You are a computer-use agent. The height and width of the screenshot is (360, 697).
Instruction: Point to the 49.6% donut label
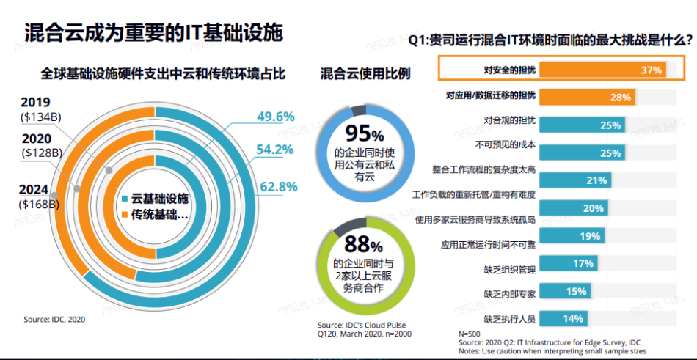coord(276,117)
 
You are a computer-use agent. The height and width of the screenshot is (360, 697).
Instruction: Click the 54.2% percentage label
coord(276,150)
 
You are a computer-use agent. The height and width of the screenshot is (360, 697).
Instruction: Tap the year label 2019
coord(35,102)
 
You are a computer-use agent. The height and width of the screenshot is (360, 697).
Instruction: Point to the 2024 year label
coord(34,189)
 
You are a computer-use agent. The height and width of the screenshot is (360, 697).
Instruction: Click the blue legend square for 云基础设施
coord(125,199)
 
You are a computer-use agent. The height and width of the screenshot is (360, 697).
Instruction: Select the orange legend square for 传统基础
coord(125,216)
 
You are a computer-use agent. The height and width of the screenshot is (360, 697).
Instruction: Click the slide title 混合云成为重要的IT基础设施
coord(153,33)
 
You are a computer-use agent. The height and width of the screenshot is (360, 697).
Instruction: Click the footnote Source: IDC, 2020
coord(56,320)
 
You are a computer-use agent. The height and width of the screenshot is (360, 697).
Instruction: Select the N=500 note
coord(470,333)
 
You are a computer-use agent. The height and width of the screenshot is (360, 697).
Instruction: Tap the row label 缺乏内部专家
coord(509,292)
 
